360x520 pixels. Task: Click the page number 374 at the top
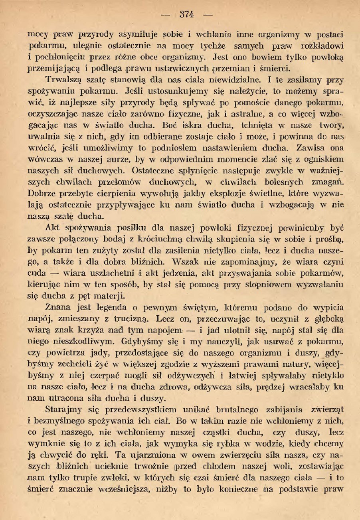click(x=186, y=14)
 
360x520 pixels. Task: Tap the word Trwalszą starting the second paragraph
click(x=65, y=78)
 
